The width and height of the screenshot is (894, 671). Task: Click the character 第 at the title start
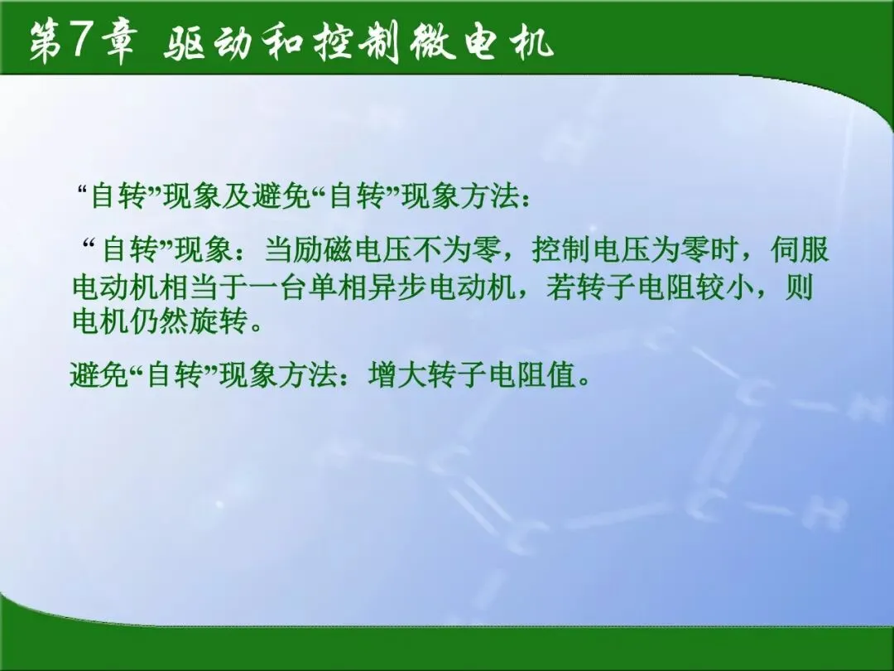pos(46,43)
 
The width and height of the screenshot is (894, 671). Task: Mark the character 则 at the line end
pos(800,287)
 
